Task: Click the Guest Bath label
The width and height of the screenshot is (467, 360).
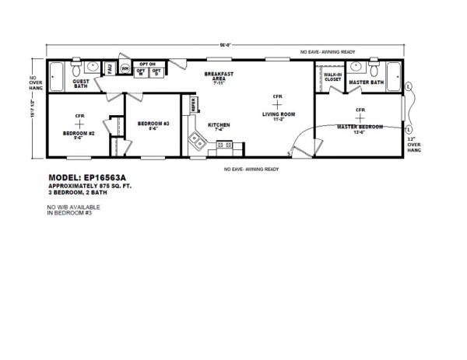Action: click(x=80, y=83)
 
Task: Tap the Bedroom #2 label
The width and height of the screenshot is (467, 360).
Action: click(x=79, y=131)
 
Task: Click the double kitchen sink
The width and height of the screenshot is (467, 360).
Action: click(x=198, y=142)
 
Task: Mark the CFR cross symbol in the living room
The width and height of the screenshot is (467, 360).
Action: click(x=276, y=105)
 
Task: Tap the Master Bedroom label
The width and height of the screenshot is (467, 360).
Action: click(x=360, y=126)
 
